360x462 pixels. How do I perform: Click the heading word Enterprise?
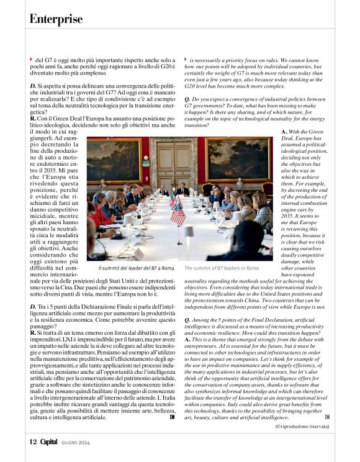(56, 19)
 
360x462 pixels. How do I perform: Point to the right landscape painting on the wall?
(238, 160)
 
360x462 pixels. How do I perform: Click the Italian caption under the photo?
(137, 268)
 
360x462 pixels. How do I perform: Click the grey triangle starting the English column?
(186, 58)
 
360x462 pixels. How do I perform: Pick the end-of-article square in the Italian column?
(172, 417)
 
